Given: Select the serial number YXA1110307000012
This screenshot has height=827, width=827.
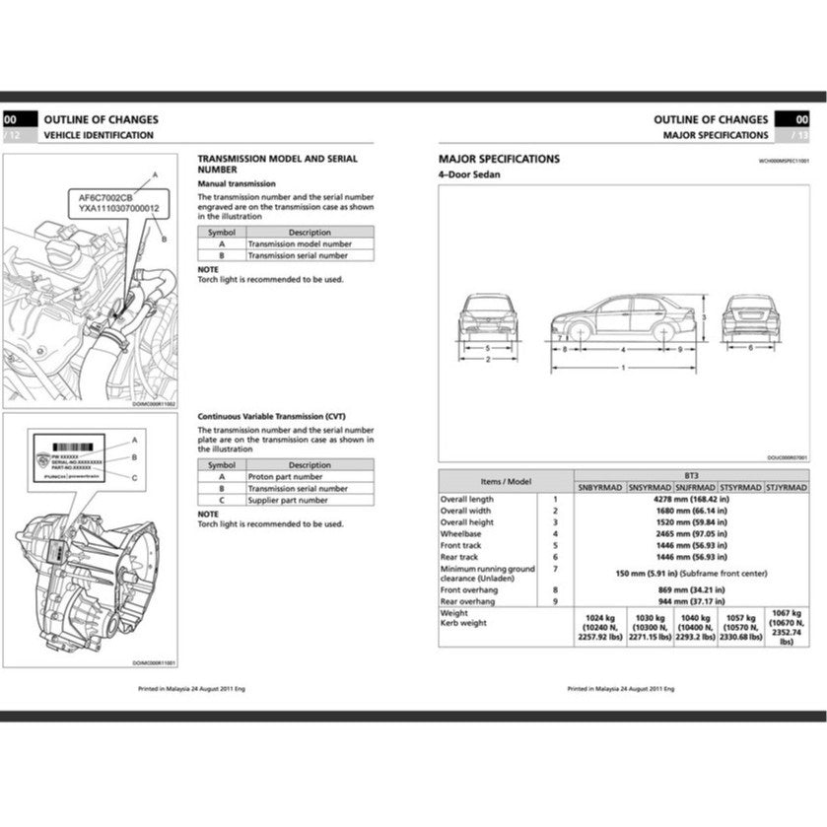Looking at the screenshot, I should (x=118, y=209).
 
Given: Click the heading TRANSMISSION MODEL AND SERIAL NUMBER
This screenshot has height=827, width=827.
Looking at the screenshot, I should (x=278, y=164).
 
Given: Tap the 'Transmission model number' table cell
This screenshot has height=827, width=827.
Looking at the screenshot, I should (x=299, y=243).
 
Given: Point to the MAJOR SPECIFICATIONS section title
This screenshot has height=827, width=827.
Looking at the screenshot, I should (x=499, y=159).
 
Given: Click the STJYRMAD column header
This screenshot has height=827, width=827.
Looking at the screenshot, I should (x=788, y=487).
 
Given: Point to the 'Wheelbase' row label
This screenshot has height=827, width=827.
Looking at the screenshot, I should (x=459, y=533).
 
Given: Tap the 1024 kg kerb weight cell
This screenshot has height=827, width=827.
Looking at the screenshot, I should (x=594, y=627).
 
